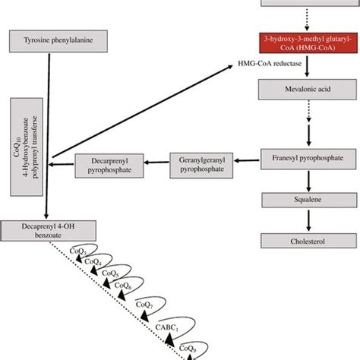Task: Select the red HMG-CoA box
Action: [x=307, y=43]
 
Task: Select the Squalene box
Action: [x=307, y=201]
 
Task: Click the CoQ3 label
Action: [x=75, y=251]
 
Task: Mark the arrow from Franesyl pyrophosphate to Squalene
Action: [x=307, y=181]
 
